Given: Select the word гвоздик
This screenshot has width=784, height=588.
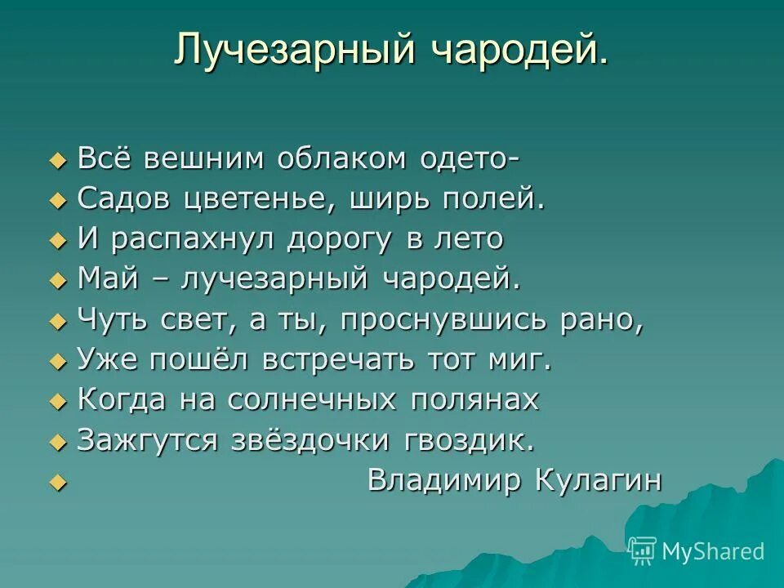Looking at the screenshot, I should click(470, 441).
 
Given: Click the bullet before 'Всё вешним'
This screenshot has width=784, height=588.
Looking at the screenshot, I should click(56, 160).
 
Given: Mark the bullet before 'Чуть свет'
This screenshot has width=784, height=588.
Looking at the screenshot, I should click(56, 322).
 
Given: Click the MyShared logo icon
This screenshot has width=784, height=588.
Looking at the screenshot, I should click(643, 551).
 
